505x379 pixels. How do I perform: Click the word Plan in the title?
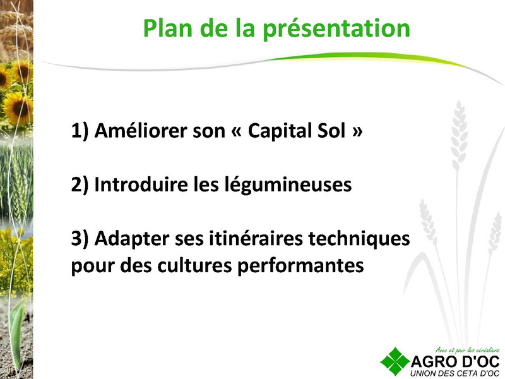167,28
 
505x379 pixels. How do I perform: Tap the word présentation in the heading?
336,29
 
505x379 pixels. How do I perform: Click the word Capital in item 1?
278,131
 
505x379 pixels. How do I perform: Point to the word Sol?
331,131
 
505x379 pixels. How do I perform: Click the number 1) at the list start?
80,131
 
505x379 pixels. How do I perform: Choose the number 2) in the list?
80,184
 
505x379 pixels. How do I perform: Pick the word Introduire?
141,184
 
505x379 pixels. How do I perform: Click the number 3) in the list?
80,239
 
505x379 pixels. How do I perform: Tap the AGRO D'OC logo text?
455,361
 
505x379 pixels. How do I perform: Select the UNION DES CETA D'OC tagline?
454,373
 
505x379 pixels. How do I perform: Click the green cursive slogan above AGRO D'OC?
467,350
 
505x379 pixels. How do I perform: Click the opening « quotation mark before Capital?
236,131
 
